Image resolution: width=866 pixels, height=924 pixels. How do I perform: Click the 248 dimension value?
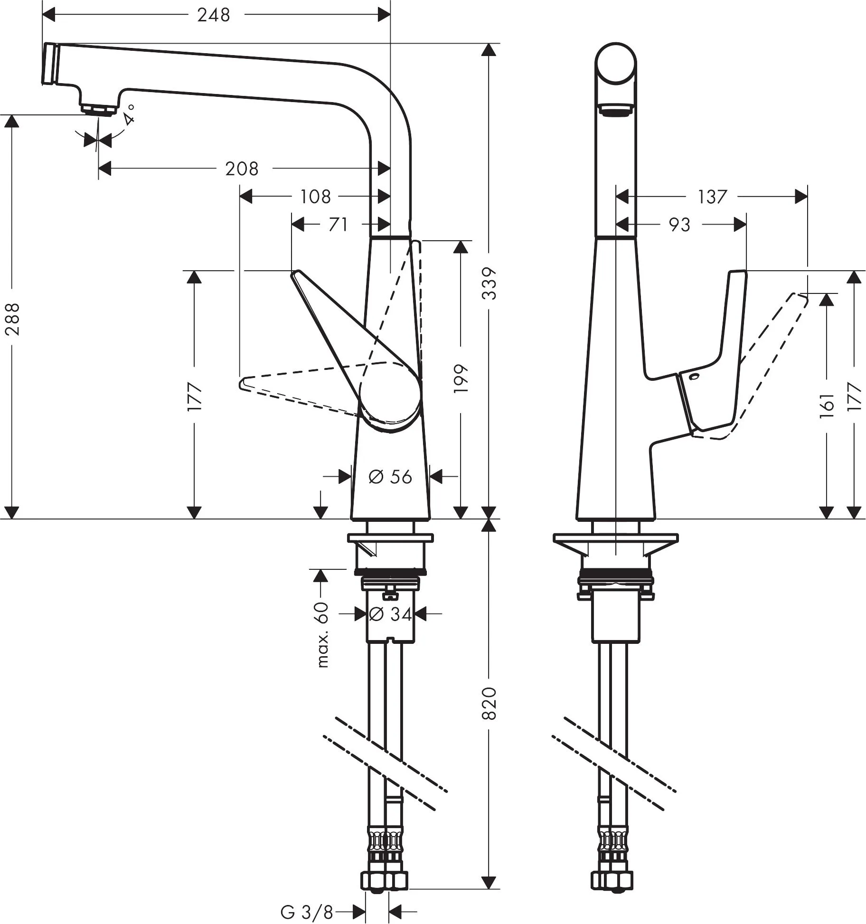click(x=214, y=15)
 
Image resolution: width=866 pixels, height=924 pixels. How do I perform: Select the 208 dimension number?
click(x=242, y=169)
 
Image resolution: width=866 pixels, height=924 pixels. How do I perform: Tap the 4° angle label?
click(x=130, y=114)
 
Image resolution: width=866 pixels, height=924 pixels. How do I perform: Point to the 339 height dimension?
click(x=489, y=283)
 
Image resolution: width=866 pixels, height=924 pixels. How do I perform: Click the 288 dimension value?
click(x=13, y=319)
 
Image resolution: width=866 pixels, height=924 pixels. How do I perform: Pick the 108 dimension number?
click(x=315, y=196)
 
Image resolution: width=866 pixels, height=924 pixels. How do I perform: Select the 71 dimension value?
click(x=338, y=224)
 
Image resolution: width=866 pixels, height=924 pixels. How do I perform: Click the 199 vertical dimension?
click(x=461, y=378)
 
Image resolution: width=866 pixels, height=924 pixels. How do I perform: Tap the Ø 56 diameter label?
click(x=390, y=477)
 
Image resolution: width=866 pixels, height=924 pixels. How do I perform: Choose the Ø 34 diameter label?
click(x=390, y=614)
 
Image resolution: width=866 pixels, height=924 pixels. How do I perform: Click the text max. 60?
click(x=322, y=635)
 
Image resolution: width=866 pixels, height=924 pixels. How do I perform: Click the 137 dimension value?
click(x=712, y=196)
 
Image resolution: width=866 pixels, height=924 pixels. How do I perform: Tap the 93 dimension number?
click(x=679, y=225)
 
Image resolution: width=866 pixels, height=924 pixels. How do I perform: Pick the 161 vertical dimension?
click(x=827, y=405)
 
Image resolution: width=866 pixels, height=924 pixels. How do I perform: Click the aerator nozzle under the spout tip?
click(x=98, y=109)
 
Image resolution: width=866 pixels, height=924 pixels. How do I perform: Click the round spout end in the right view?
click(x=616, y=63)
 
